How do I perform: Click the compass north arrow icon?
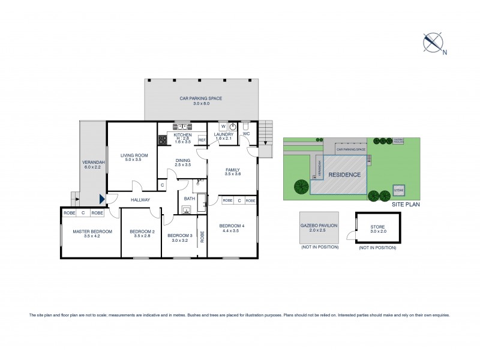(x=433, y=41)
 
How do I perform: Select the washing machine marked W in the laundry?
(x=223, y=127)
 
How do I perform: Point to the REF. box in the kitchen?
(x=202, y=140)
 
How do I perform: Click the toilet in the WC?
(x=247, y=128)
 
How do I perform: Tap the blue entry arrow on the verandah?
(x=103, y=199)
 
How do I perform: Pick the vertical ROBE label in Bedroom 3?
(x=202, y=236)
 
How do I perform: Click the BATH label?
(x=190, y=199)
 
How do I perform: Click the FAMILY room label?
(x=233, y=170)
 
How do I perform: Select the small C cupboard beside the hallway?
(x=162, y=185)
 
